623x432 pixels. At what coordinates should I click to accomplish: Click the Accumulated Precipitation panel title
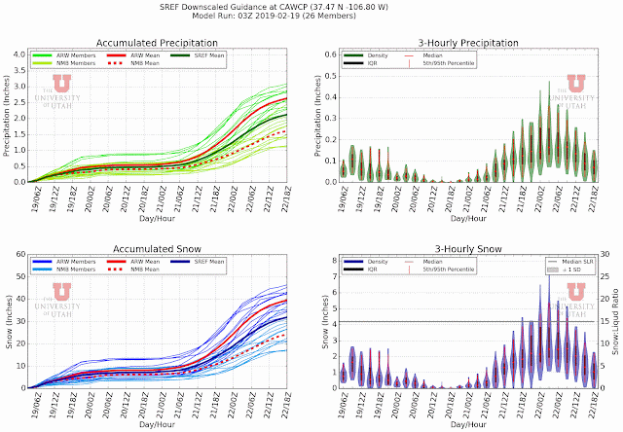[158, 43]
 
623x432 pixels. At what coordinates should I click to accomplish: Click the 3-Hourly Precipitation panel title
[468, 43]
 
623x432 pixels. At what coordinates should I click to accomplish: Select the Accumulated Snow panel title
[158, 249]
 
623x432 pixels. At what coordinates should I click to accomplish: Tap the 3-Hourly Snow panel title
[468, 249]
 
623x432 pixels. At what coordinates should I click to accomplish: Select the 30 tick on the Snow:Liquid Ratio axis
[605, 256]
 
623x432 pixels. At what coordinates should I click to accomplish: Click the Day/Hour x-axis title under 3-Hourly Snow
[468, 425]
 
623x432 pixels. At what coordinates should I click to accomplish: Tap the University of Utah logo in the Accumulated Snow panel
[61, 298]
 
